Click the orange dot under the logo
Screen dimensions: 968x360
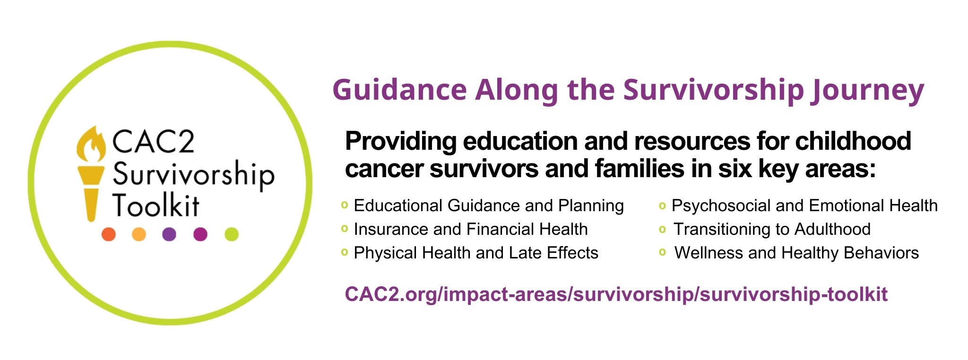(109, 234)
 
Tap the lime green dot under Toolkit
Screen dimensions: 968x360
(232, 234)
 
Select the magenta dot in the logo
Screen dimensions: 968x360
(200, 234)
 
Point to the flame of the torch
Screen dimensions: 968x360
(91, 144)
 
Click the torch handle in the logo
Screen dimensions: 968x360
(91, 205)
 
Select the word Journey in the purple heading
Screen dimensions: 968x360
(867, 91)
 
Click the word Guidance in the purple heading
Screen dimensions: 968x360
(400, 90)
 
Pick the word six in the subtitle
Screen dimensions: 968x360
(735, 169)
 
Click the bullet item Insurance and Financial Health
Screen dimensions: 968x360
(471, 229)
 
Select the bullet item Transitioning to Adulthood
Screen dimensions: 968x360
(772, 229)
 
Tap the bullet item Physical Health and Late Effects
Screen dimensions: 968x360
(476, 253)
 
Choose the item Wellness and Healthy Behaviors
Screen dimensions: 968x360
(796, 253)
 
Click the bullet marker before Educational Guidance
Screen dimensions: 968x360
(345, 205)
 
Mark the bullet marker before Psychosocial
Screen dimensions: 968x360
(662, 206)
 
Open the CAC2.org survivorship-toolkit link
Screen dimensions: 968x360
(616, 294)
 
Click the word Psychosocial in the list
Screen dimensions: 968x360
(721, 206)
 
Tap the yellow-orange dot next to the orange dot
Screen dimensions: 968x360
(139, 234)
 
